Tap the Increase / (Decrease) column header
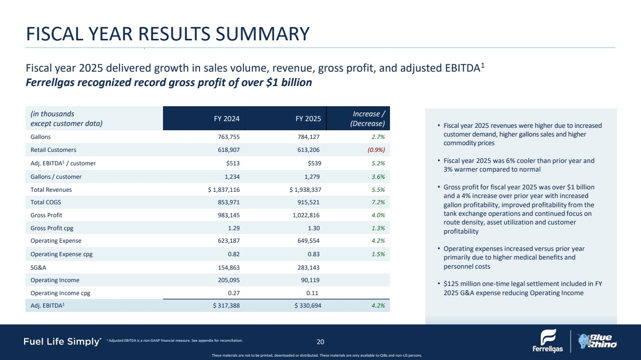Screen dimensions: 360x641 click(x=369, y=118)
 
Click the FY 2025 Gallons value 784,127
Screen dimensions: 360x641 click(x=306, y=137)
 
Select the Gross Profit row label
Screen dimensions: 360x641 click(x=46, y=215)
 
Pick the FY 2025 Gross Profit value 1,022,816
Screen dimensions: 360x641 click(x=303, y=215)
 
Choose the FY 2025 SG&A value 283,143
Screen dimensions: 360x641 click(x=306, y=267)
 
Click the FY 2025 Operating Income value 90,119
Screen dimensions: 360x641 click(x=308, y=280)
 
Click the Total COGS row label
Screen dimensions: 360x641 click(x=45, y=202)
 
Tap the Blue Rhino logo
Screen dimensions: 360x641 click(x=597, y=340)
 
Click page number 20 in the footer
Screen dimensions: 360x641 click(x=320, y=342)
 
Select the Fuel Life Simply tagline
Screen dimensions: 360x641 click(x=62, y=342)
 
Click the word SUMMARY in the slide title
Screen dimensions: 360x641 click(x=260, y=34)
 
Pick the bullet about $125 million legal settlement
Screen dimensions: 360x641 click(x=522, y=288)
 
